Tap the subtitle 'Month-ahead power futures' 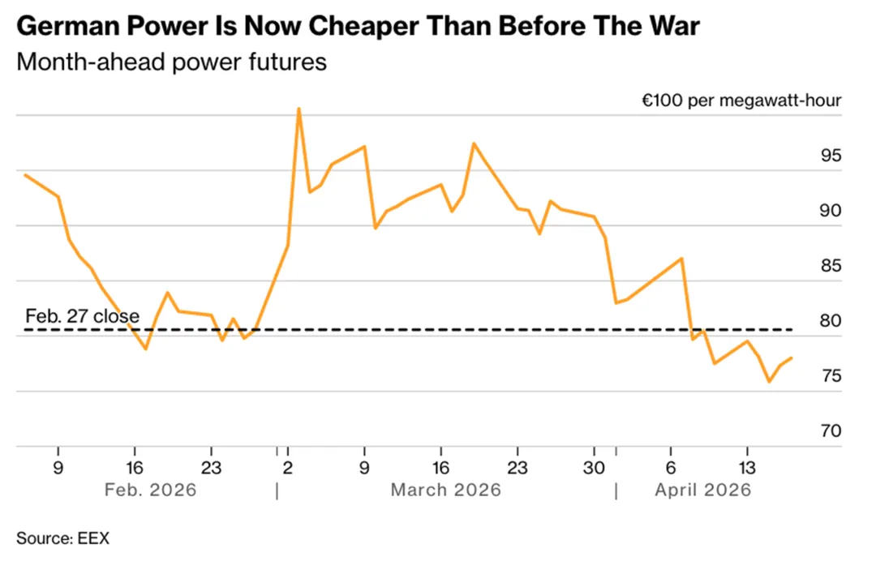pyautogui.click(x=171, y=62)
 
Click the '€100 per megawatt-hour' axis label pyautogui.click(x=741, y=101)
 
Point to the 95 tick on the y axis pyautogui.click(x=831, y=156)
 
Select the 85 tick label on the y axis pyautogui.click(x=831, y=266)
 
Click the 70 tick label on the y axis pyautogui.click(x=831, y=431)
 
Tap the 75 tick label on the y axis pyautogui.click(x=831, y=376)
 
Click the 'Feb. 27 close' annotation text pyautogui.click(x=82, y=315)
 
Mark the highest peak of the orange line pyautogui.click(x=298, y=109)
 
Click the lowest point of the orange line pyautogui.click(x=769, y=381)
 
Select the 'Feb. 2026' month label pyautogui.click(x=151, y=490)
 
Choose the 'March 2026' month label pyautogui.click(x=445, y=490)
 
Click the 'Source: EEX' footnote pyautogui.click(x=62, y=537)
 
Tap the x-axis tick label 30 pyautogui.click(x=594, y=468)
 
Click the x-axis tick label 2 pyautogui.click(x=288, y=468)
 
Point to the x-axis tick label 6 pyautogui.click(x=670, y=468)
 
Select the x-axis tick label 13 pyautogui.click(x=746, y=468)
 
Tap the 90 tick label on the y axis pyautogui.click(x=831, y=211)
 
